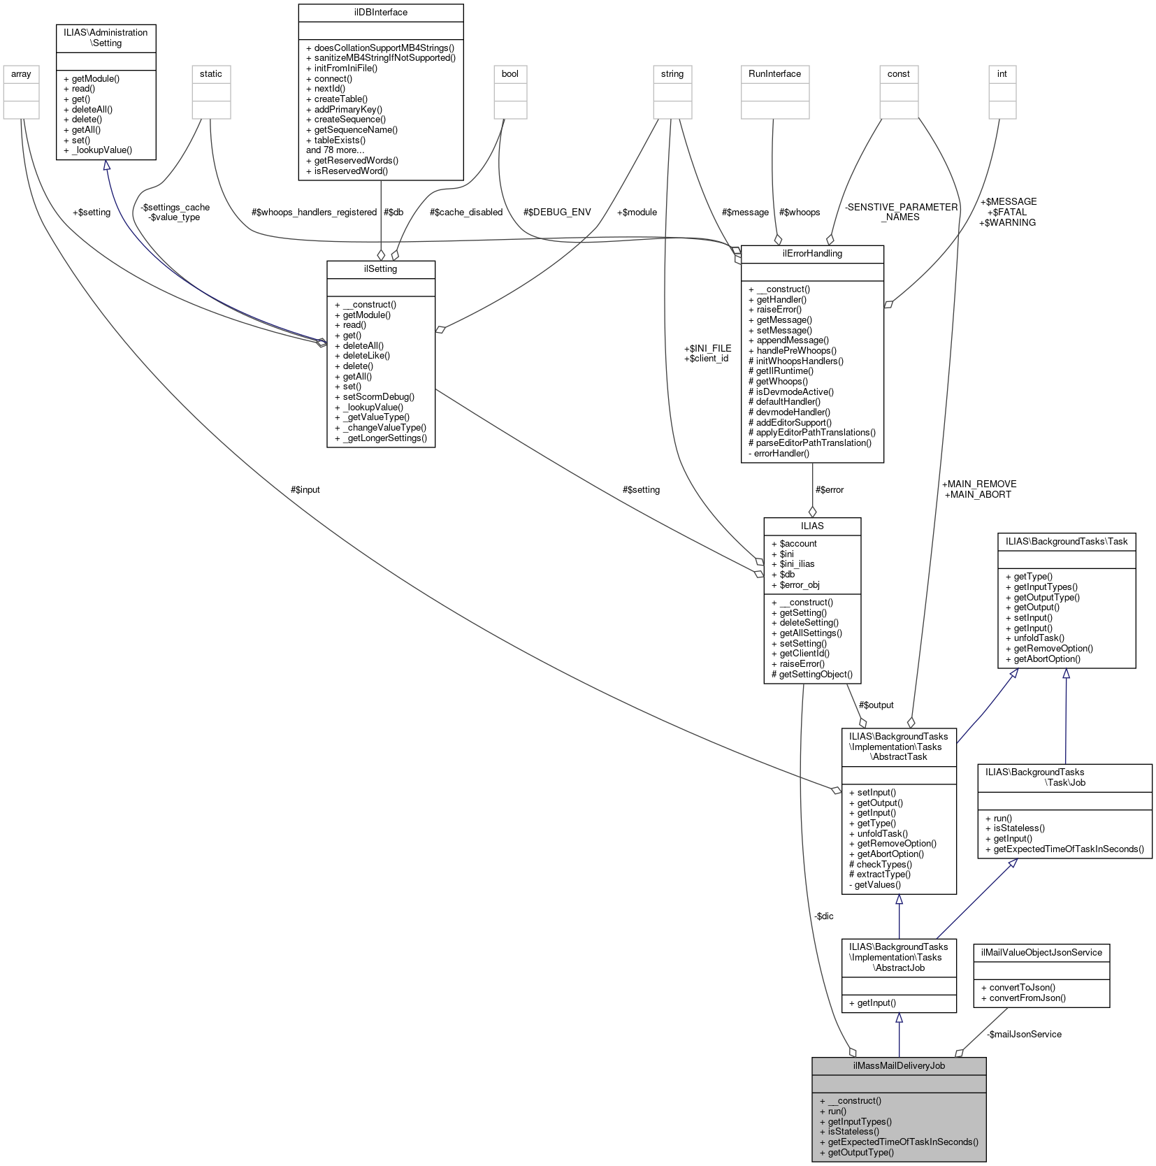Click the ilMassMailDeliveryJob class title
click(x=898, y=1065)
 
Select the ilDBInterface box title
click(x=380, y=13)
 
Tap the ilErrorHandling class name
click(x=812, y=254)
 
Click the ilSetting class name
click(x=380, y=269)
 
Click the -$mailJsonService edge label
click(x=1024, y=1034)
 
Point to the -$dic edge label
click(x=823, y=916)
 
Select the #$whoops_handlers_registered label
click(x=314, y=212)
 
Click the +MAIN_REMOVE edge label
click(x=978, y=484)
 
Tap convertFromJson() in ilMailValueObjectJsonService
click(x=1023, y=998)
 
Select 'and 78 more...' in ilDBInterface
click(x=335, y=150)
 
